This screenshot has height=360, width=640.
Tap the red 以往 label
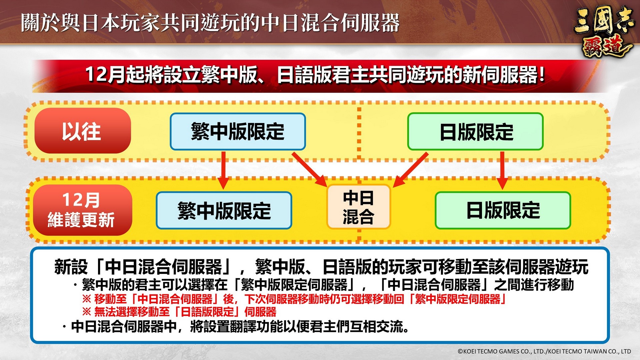82,131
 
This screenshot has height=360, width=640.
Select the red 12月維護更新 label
82,210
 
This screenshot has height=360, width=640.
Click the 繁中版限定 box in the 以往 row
238,131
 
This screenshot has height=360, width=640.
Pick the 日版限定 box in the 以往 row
475,131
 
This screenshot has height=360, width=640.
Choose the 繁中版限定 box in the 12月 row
224,210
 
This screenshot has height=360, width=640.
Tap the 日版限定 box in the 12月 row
503,210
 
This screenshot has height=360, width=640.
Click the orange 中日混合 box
358,207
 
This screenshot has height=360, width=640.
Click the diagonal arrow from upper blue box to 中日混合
309,169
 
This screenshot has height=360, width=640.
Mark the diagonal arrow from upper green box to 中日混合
410,169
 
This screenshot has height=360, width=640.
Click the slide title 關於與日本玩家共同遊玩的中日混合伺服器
210,23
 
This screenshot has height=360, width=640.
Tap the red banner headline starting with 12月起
315,74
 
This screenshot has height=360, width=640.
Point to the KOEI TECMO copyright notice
544,351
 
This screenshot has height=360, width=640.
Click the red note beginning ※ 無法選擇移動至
179,312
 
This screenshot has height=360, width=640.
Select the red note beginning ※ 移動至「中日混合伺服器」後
294,299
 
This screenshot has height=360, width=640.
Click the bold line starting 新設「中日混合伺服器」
321,267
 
